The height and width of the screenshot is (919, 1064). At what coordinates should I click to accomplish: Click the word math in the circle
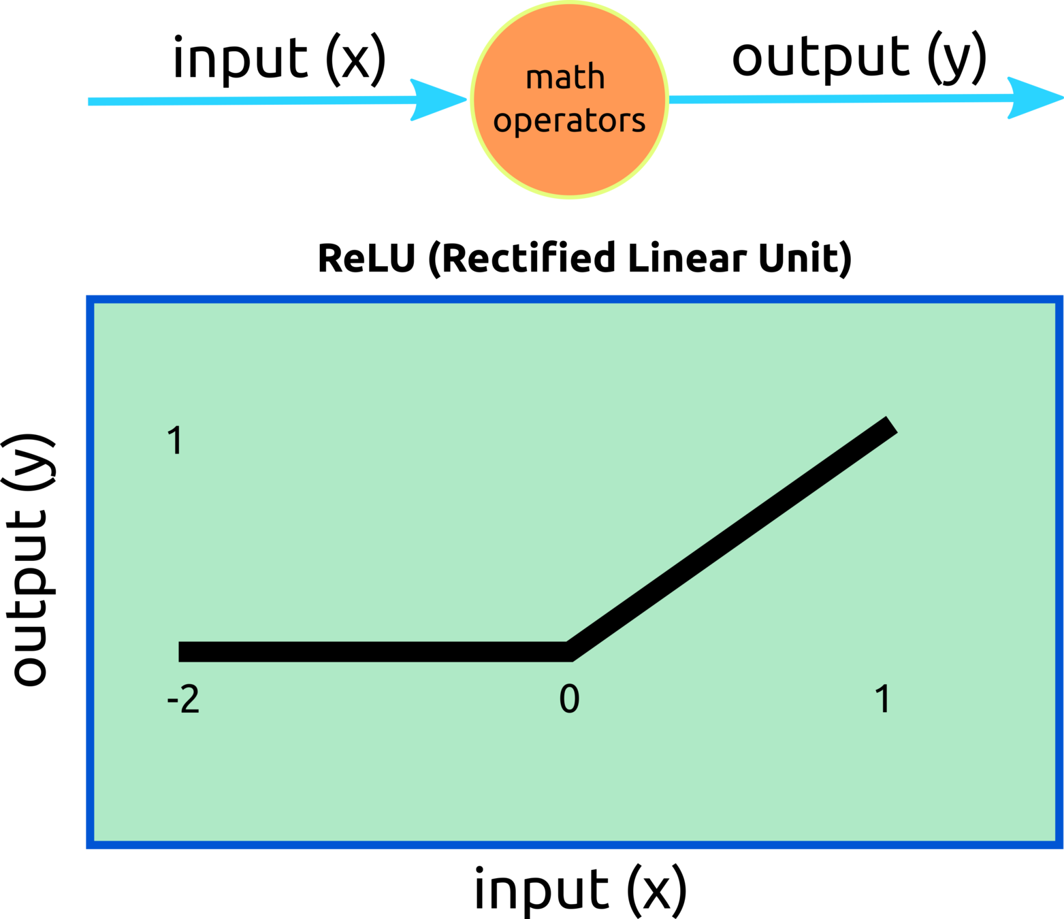click(x=565, y=77)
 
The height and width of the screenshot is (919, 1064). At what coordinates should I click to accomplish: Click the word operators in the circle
click(x=569, y=120)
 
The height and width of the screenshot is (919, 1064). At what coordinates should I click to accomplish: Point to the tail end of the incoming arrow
click(x=89, y=101)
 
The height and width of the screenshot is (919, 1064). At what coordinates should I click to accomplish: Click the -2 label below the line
click(x=183, y=699)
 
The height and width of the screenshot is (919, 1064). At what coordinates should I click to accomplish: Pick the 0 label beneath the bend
click(x=569, y=699)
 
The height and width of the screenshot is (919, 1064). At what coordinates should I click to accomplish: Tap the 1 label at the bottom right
click(x=883, y=699)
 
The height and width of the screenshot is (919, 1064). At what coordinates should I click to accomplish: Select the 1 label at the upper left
click(x=176, y=440)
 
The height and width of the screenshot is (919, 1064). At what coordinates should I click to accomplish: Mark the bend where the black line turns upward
click(x=569, y=651)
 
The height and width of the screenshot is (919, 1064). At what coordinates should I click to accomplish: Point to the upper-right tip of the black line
click(x=891, y=424)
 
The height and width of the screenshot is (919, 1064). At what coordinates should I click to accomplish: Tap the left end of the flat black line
click(x=181, y=651)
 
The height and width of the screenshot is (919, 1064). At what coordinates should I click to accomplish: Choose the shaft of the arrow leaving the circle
click(x=837, y=99)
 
